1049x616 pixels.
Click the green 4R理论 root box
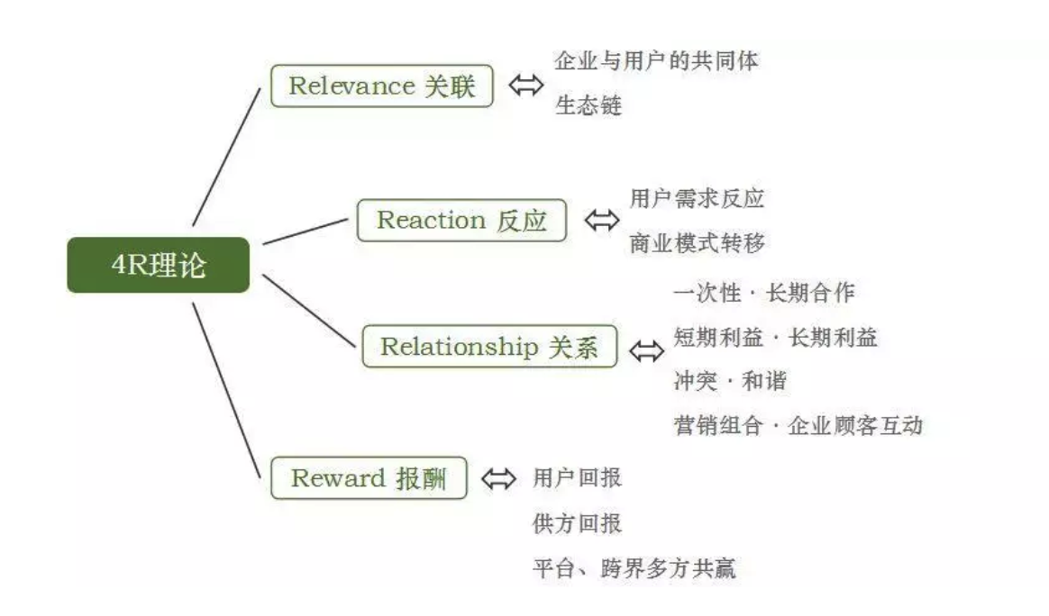pyautogui.click(x=157, y=265)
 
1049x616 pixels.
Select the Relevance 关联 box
pyautogui.click(x=382, y=86)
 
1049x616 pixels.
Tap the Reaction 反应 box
pyautogui.click(x=461, y=221)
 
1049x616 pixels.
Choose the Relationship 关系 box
pyautogui.click(x=489, y=347)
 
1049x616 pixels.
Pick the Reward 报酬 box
pyautogui.click(x=369, y=477)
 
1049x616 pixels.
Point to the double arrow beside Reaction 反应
pyautogui.click(x=601, y=221)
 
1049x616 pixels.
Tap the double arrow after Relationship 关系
pyautogui.click(x=645, y=349)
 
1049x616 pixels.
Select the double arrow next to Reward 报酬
pyautogui.click(x=498, y=477)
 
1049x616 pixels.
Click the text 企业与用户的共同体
pyautogui.click(x=656, y=61)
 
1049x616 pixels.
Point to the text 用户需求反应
pyautogui.click(x=698, y=198)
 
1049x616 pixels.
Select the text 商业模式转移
pyautogui.click(x=698, y=243)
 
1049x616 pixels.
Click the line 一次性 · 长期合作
pyautogui.click(x=763, y=293)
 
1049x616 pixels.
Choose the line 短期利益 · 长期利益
pyautogui.click(x=775, y=337)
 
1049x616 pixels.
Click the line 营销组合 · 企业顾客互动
pyautogui.click(x=798, y=425)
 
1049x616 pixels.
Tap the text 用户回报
pyautogui.click(x=577, y=477)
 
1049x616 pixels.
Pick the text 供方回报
pyautogui.click(x=577, y=523)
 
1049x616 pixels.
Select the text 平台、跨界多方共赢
pyautogui.click(x=634, y=569)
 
